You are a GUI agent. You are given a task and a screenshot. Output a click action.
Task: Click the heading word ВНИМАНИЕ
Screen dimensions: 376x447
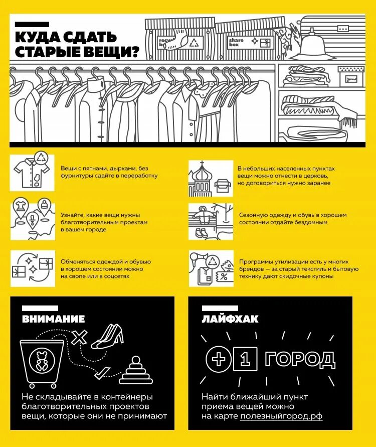[53, 319]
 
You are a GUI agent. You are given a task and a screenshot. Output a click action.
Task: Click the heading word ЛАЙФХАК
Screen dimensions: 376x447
[230, 319]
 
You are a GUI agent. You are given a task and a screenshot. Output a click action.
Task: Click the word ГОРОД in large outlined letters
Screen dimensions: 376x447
[300, 359]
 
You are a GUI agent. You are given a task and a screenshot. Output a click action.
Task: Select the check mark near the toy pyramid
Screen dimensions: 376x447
[103, 372]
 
